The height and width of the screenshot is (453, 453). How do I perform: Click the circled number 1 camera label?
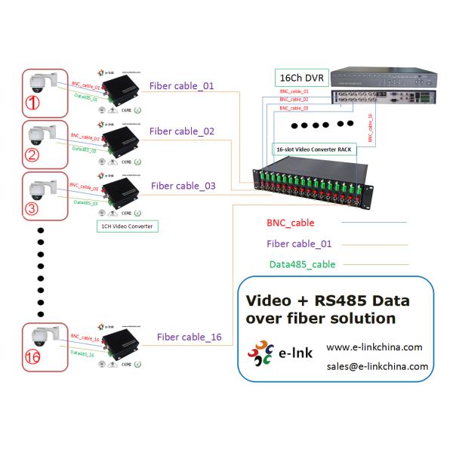click(x=34, y=102)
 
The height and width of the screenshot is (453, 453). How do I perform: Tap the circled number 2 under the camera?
click(x=32, y=156)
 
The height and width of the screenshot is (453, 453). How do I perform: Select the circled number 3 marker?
click(x=32, y=206)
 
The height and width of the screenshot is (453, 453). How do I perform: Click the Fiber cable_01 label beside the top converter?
click(x=181, y=85)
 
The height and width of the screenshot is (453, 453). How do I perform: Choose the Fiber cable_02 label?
click(x=182, y=131)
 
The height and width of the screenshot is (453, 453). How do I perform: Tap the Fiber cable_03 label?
click(x=183, y=185)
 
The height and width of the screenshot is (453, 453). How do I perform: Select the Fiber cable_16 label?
click(x=190, y=337)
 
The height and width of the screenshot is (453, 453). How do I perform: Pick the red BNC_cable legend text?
click(x=291, y=223)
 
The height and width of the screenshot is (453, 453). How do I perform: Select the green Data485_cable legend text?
click(x=302, y=264)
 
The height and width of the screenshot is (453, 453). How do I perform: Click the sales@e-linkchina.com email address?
click(x=377, y=367)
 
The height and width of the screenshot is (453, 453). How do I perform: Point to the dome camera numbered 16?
click(x=38, y=337)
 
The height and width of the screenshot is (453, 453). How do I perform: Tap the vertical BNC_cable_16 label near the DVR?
click(x=369, y=129)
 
